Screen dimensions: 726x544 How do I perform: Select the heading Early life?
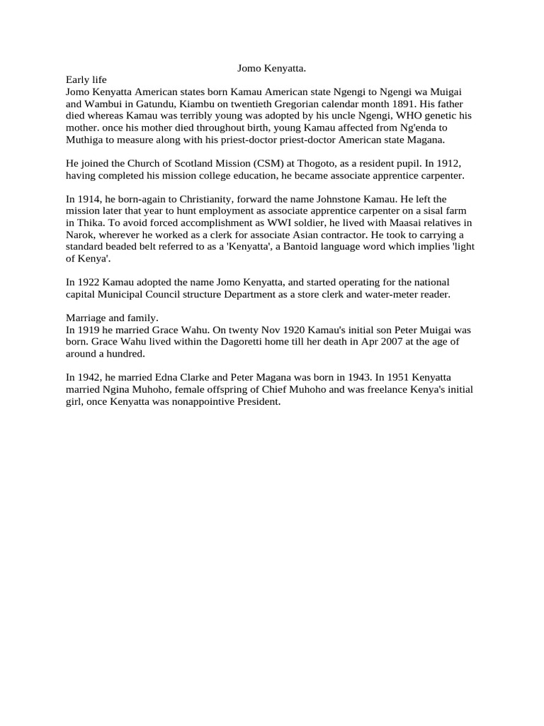tap(86, 81)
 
